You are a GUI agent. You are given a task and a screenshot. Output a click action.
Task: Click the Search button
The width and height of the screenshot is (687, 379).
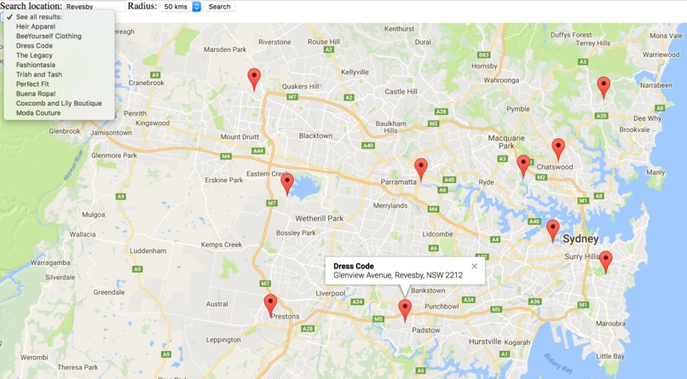219,7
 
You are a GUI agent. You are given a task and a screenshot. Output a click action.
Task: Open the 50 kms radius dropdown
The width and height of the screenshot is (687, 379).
182,7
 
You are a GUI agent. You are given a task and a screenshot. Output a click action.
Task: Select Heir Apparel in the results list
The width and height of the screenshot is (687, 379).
35,26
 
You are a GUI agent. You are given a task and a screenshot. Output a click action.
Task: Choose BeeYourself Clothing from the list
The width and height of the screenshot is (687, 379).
49,36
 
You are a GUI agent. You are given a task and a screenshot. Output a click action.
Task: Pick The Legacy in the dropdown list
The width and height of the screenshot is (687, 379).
34,55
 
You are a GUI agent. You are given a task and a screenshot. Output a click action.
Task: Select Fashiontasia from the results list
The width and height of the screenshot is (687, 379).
36,65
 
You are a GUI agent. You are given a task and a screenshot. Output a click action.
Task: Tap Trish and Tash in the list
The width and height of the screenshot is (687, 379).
38,74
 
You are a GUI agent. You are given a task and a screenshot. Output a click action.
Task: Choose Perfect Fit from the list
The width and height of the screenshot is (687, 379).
32,84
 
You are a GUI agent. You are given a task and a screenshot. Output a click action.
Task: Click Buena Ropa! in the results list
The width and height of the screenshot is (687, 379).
35,94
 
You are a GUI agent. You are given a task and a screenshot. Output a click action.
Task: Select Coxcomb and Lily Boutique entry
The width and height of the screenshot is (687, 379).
59,103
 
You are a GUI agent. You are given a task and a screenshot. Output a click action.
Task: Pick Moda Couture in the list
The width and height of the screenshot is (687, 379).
38,112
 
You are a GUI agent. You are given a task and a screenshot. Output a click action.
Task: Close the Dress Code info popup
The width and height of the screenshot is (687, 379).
475,267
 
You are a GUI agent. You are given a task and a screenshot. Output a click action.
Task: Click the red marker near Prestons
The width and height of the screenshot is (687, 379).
270,304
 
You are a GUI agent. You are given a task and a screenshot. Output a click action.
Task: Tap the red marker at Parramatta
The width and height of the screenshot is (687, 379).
420,168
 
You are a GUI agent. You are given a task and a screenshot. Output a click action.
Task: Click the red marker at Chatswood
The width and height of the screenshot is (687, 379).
558,148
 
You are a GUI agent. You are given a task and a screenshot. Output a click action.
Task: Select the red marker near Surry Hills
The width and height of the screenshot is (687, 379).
605,261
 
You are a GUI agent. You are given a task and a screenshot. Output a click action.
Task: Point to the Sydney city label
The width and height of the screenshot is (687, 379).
580,239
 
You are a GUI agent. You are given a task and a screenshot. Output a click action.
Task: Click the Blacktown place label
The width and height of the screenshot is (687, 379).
315,136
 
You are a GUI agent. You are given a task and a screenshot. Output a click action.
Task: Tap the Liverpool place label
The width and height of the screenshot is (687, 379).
331,293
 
